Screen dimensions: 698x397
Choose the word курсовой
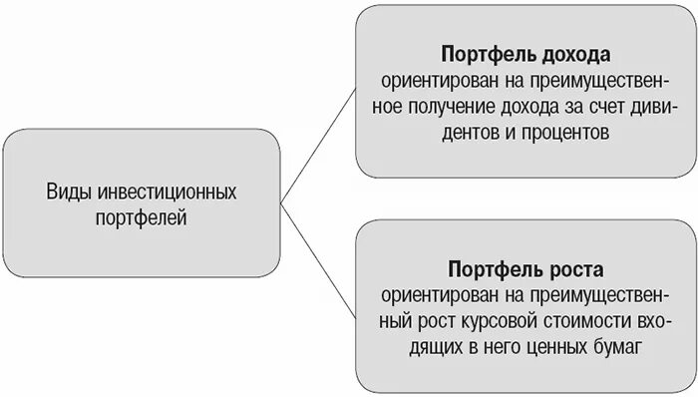(505, 322)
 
